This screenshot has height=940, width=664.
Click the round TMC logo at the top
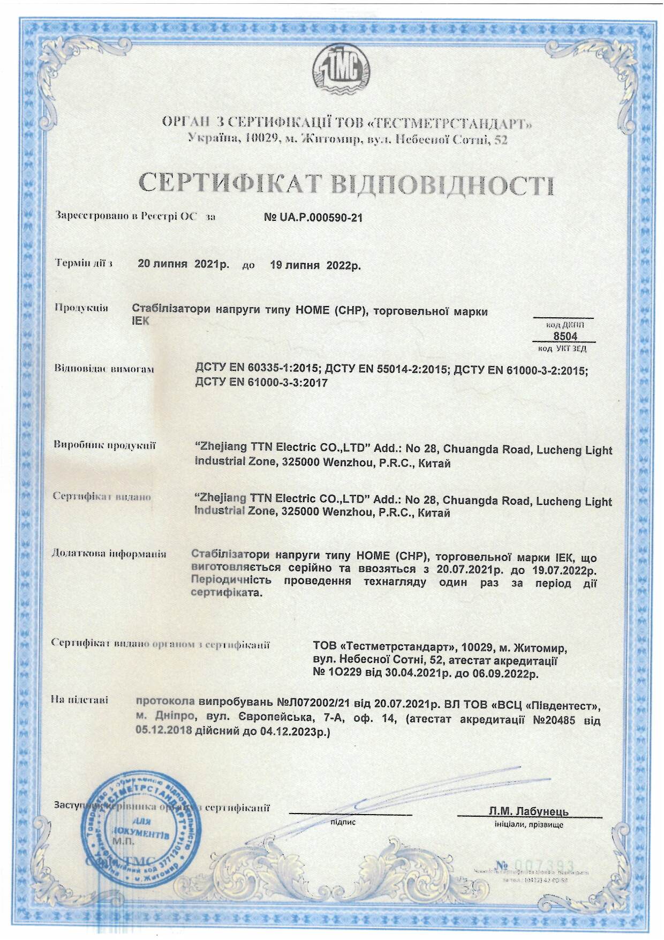point(341,70)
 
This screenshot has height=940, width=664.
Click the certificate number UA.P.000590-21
point(313,218)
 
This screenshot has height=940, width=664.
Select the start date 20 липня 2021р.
point(183,264)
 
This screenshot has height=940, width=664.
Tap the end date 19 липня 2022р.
point(315,265)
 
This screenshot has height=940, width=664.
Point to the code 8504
point(565,336)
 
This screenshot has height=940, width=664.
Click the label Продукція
point(81,308)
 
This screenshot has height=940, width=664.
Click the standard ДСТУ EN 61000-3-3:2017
point(261,383)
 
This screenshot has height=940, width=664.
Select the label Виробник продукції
point(104,445)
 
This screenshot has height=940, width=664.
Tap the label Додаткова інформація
point(109,553)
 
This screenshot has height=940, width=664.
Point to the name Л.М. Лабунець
point(529,811)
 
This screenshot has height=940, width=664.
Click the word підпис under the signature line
point(343,822)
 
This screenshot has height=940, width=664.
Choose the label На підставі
point(79,699)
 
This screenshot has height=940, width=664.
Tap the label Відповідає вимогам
point(104,369)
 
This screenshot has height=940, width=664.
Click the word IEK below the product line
point(141,322)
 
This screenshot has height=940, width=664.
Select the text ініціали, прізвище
point(529,825)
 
